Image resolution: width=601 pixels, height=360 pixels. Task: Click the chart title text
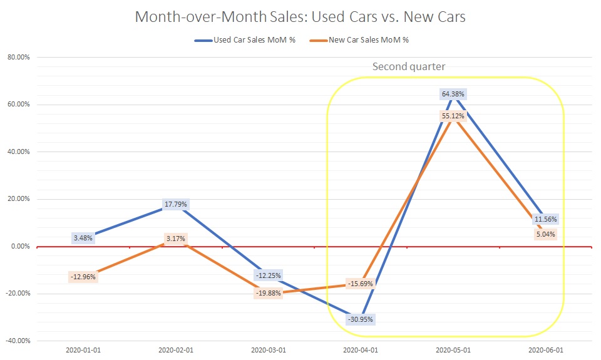click(x=300, y=17)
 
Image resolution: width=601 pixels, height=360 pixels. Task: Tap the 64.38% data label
click(x=453, y=94)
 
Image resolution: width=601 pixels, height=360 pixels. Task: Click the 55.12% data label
click(x=453, y=116)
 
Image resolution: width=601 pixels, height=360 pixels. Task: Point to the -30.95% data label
click(x=360, y=319)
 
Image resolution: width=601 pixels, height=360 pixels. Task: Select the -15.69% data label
click(x=360, y=284)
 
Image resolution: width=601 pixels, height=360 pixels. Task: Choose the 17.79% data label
click(x=175, y=204)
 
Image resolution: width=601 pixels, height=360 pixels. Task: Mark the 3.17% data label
click(x=175, y=239)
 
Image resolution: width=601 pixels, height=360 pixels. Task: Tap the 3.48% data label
click(x=83, y=238)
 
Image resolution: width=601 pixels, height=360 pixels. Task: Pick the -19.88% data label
click(x=268, y=294)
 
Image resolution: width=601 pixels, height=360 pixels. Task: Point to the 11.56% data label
click(x=546, y=219)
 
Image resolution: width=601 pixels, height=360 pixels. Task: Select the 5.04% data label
click(x=546, y=234)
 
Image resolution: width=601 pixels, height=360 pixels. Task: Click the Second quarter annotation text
click(x=409, y=66)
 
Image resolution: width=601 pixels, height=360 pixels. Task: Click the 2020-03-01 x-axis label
click(x=268, y=350)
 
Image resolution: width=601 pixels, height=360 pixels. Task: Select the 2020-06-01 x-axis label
click(x=546, y=350)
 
